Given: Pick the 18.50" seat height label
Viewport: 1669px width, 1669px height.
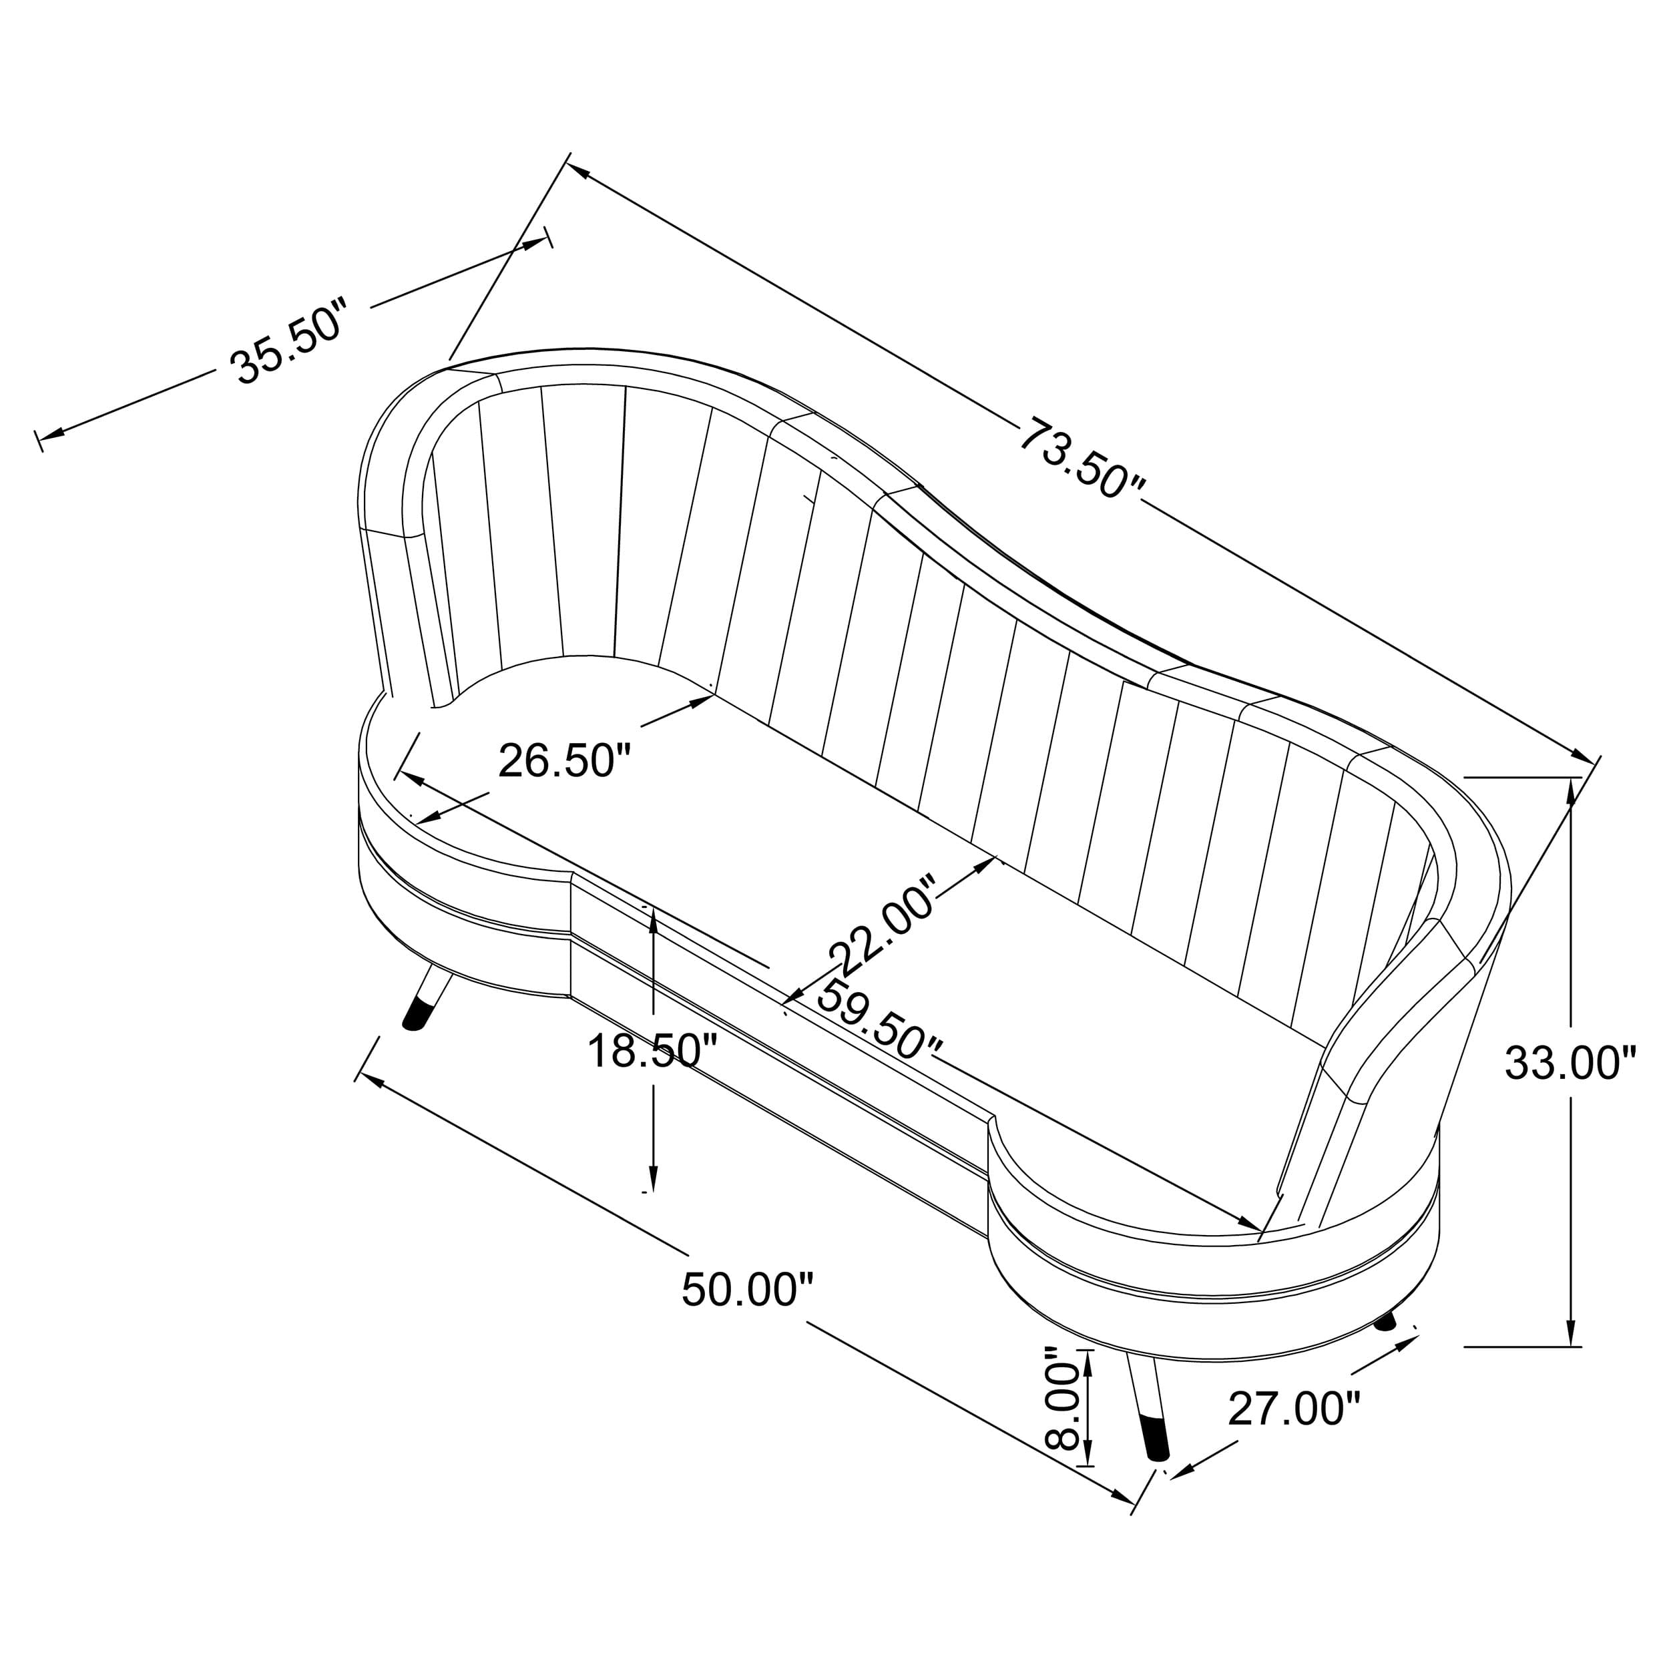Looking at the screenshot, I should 652,1051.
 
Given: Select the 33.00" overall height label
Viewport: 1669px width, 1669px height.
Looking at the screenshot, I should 1570,1063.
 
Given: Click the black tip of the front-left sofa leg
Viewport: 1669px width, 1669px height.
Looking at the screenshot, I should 417,1016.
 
